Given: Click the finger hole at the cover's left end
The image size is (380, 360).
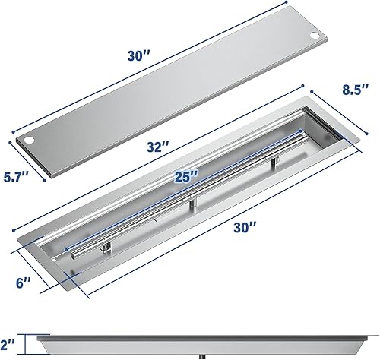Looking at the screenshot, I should coord(28,141).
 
